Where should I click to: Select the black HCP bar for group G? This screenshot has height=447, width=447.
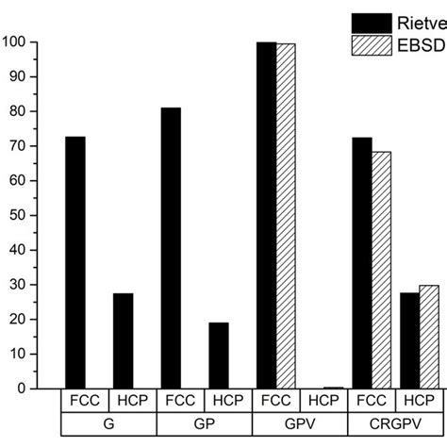point(123,340)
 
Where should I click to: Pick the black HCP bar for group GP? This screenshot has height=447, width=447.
point(218,355)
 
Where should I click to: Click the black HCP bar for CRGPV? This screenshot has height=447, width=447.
point(409,340)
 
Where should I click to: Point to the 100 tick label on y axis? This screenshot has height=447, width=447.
point(14,42)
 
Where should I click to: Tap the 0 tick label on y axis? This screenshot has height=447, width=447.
point(22,388)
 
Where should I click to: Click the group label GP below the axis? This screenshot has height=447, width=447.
point(204,423)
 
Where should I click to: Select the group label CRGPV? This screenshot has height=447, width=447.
point(395,423)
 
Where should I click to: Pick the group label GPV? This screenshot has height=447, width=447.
point(299,423)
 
